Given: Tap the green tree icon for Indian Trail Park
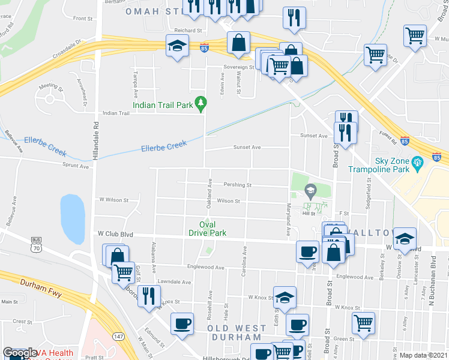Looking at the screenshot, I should [x=202, y=105].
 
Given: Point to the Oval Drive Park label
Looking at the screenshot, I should [x=208, y=229].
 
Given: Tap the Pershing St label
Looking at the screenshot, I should [x=237, y=185].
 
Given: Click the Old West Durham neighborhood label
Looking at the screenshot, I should [x=237, y=333].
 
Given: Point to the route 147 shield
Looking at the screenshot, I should [x=118, y=337].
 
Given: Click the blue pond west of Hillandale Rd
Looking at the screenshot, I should [x=72, y=216].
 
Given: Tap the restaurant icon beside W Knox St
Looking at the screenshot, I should [x=149, y=295].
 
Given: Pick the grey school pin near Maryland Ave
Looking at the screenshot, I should [x=310, y=192].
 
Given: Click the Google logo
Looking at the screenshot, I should [x=19, y=353].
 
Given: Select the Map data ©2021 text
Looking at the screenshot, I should [x=423, y=355].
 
